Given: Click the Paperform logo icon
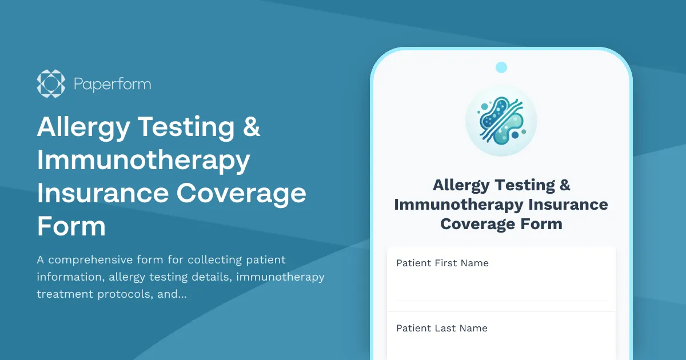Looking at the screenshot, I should pos(51,84).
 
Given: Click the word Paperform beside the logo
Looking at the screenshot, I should pos(112,85).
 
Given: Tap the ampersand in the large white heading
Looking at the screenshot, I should pos(252,127).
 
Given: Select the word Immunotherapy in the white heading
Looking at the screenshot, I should pos(143,160).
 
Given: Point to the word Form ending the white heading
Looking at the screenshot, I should pos(71,226).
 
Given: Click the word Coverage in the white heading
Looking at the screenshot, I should pos(241,193).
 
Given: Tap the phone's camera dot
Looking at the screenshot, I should pos(501,67).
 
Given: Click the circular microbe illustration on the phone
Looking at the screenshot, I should pos(501,120).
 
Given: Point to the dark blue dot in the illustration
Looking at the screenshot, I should pos(515,135).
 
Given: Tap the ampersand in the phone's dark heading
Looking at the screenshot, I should pos(564,185).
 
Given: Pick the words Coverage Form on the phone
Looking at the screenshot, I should pos(501,223).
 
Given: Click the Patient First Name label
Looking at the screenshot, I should pos(442,263).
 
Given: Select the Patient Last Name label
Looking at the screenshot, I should pos(442,329).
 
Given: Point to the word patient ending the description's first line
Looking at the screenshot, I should pos(265,260).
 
